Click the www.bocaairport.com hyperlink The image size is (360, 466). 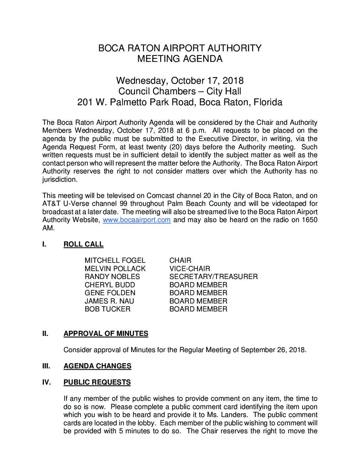[x=137, y=220]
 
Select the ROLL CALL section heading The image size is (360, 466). [x=83, y=244]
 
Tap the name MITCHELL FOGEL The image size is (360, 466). [x=115, y=260]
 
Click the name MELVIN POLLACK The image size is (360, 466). [x=115, y=269]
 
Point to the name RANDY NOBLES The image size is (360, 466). [x=112, y=277]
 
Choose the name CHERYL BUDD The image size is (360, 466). [x=110, y=285]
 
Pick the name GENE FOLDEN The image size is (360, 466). [x=110, y=293]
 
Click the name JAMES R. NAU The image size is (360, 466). [x=109, y=301]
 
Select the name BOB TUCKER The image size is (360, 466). [x=108, y=309]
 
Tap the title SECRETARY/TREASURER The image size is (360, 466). [x=213, y=277]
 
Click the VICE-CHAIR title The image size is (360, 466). [x=190, y=269]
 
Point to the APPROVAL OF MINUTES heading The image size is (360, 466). [x=106, y=334]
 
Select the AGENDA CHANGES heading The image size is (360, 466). [x=97, y=366]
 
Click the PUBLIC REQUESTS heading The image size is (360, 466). [x=97, y=382]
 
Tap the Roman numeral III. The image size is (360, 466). [x=46, y=366]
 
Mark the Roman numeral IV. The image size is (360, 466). [x=47, y=382]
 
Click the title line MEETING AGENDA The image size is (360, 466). [x=180, y=59]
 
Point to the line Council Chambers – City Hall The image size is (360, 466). [x=180, y=91]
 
